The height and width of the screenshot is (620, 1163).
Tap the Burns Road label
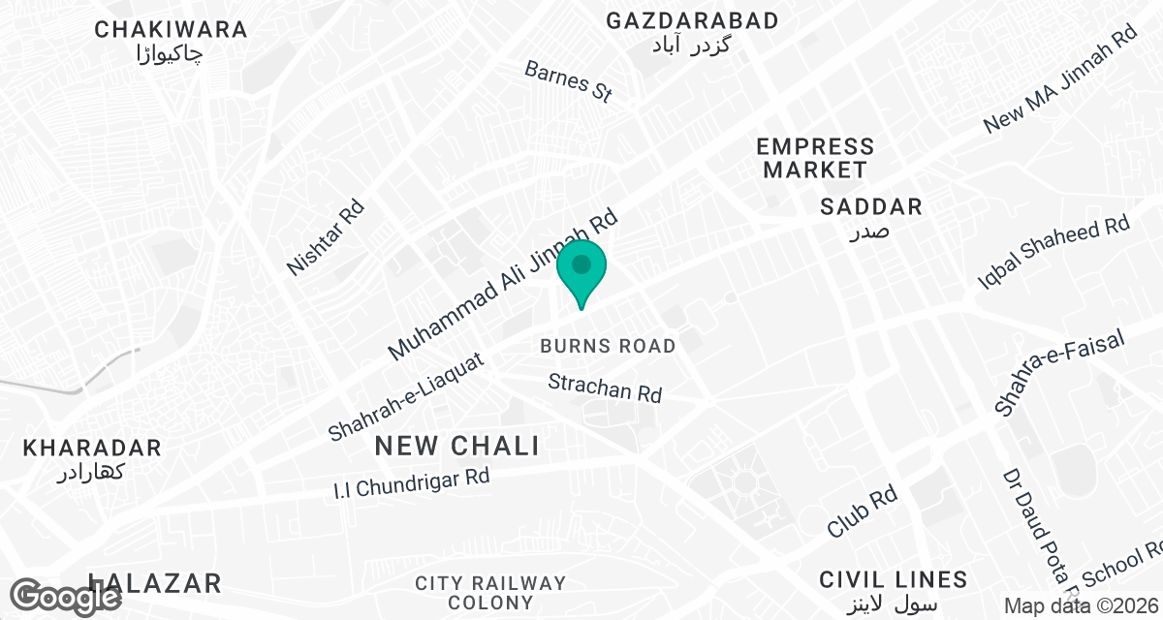pyautogui.click(x=608, y=346)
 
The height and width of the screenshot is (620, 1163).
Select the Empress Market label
pyautogui.click(x=815, y=158)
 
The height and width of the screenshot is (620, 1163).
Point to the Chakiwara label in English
pyautogui.click(x=172, y=30)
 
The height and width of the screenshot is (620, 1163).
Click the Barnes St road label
pyautogui.click(x=569, y=81)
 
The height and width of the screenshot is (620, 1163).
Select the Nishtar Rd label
pyautogui.click(x=326, y=237)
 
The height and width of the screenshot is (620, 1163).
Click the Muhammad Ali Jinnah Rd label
pyautogui.click(x=502, y=287)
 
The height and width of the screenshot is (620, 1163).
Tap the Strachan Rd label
pyautogui.click(x=605, y=388)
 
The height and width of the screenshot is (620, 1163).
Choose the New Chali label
pyautogui.click(x=456, y=447)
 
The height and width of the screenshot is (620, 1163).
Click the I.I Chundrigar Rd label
pyautogui.click(x=412, y=483)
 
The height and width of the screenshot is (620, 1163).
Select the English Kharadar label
pyautogui.click(x=92, y=449)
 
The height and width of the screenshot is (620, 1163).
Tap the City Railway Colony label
pyautogui.click(x=490, y=592)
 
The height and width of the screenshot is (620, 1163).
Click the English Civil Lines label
pyautogui.click(x=893, y=580)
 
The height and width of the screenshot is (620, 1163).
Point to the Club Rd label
pyautogui.click(x=862, y=511)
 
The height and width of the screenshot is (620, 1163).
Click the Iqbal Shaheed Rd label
pyautogui.click(x=1054, y=253)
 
